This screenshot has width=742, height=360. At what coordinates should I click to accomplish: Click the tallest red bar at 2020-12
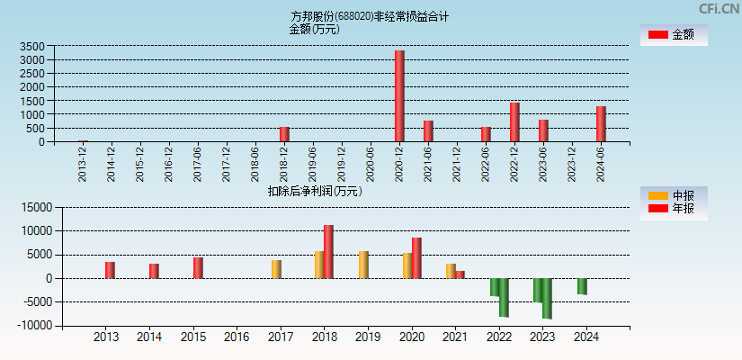click(399, 96)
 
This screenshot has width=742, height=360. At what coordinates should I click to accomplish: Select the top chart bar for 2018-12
click(284, 134)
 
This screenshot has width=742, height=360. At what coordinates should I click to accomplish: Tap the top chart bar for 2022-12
click(514, 122)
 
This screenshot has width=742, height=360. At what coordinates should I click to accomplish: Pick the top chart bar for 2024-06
click(601, 124)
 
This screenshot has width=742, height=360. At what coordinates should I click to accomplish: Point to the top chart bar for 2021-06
click(428, 131)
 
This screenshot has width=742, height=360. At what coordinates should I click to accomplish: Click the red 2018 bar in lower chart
click(328, 252)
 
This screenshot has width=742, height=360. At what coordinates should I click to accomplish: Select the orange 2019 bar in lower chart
click(363, 265)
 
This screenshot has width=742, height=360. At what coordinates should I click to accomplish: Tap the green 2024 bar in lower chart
click(582, 286)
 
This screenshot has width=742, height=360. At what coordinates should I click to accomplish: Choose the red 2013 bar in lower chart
click(110, 270)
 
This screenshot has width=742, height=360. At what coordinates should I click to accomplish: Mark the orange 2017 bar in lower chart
click(276, 269)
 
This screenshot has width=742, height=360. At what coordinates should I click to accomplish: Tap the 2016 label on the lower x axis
click(237, 337)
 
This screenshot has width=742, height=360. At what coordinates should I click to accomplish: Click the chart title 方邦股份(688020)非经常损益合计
click(371, 16)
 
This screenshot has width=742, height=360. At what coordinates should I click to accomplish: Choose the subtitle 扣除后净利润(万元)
click(314, 191)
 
